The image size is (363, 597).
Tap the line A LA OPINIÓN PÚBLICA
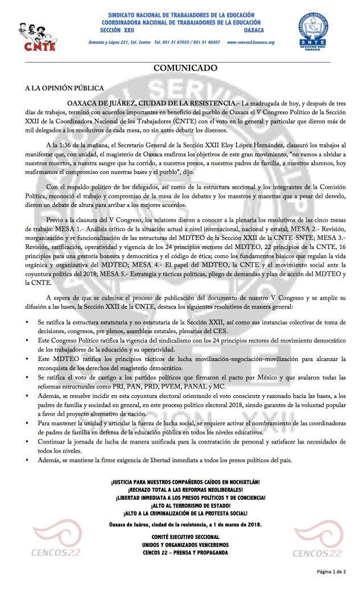(64, 89)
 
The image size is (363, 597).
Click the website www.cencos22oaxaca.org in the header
(250, 42)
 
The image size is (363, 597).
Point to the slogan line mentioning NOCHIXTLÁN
(185, 482)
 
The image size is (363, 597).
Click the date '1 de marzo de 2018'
(237, 524)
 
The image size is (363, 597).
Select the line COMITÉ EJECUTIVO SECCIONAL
(185, 537)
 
